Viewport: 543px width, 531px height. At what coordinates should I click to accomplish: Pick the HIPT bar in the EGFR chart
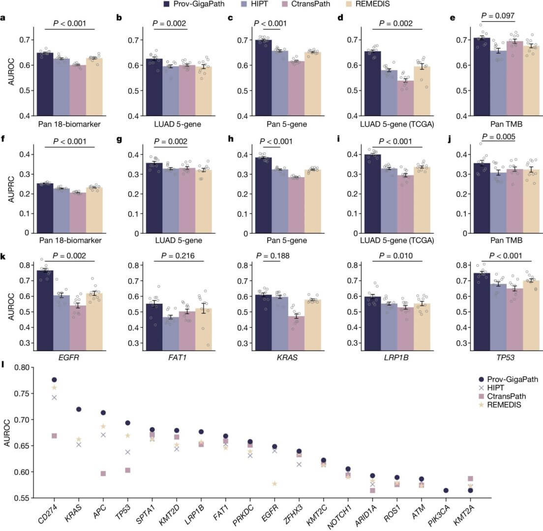click(x=61, y=320)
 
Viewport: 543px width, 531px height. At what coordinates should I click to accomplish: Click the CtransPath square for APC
click(x=103, y=473)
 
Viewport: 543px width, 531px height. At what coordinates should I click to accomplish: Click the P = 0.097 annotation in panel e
click(x=497, y=16)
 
